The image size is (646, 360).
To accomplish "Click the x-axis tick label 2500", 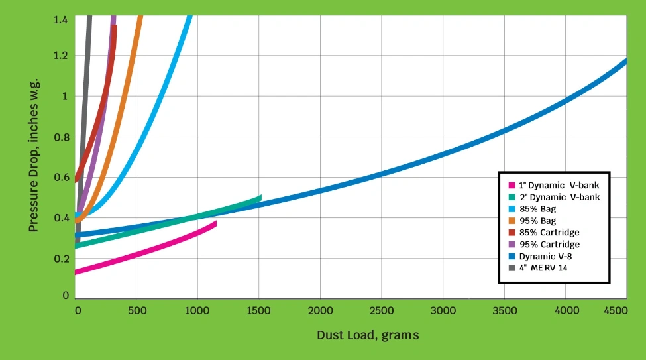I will (381, 311).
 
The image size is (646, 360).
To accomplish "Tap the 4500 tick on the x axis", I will (616, 311).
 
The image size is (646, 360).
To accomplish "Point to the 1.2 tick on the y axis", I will (61, 56).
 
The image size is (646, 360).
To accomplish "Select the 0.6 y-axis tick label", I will (61, 177).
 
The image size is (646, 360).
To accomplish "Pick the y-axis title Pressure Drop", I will (34, 154).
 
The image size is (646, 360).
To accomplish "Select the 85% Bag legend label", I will (537, 209).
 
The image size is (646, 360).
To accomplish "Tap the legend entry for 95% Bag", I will (537, 221).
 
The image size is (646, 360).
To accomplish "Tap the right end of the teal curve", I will (260, 198).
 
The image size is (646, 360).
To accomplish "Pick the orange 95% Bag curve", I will (119, 113).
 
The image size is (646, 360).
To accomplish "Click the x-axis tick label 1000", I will (197, 311).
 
